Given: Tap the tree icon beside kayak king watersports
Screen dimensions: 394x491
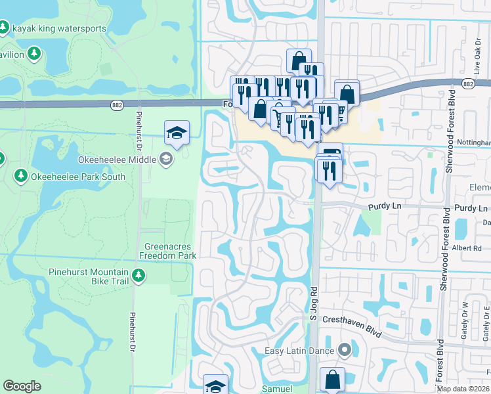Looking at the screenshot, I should pyautogui.click(x=4, y=28).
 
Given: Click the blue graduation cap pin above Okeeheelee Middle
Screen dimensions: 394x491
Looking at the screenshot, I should pyautogui.click(x=177, y=133).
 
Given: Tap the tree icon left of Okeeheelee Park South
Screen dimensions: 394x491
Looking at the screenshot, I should pyautogui.click(x=20, y=176).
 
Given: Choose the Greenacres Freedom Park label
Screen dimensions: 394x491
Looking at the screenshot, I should pyautogui.click(x=170, y=252).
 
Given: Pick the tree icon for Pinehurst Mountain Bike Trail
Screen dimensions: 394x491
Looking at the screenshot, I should pyautogui.click(x=138, y=276).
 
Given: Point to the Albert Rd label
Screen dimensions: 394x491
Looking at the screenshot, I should pyautogui.click(x=467, y=248).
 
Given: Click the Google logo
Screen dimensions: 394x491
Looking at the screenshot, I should pyautogui.click(x=22, y=386).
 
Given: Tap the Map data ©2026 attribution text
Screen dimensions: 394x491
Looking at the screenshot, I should pyautogui.click(x=463, y=389).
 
